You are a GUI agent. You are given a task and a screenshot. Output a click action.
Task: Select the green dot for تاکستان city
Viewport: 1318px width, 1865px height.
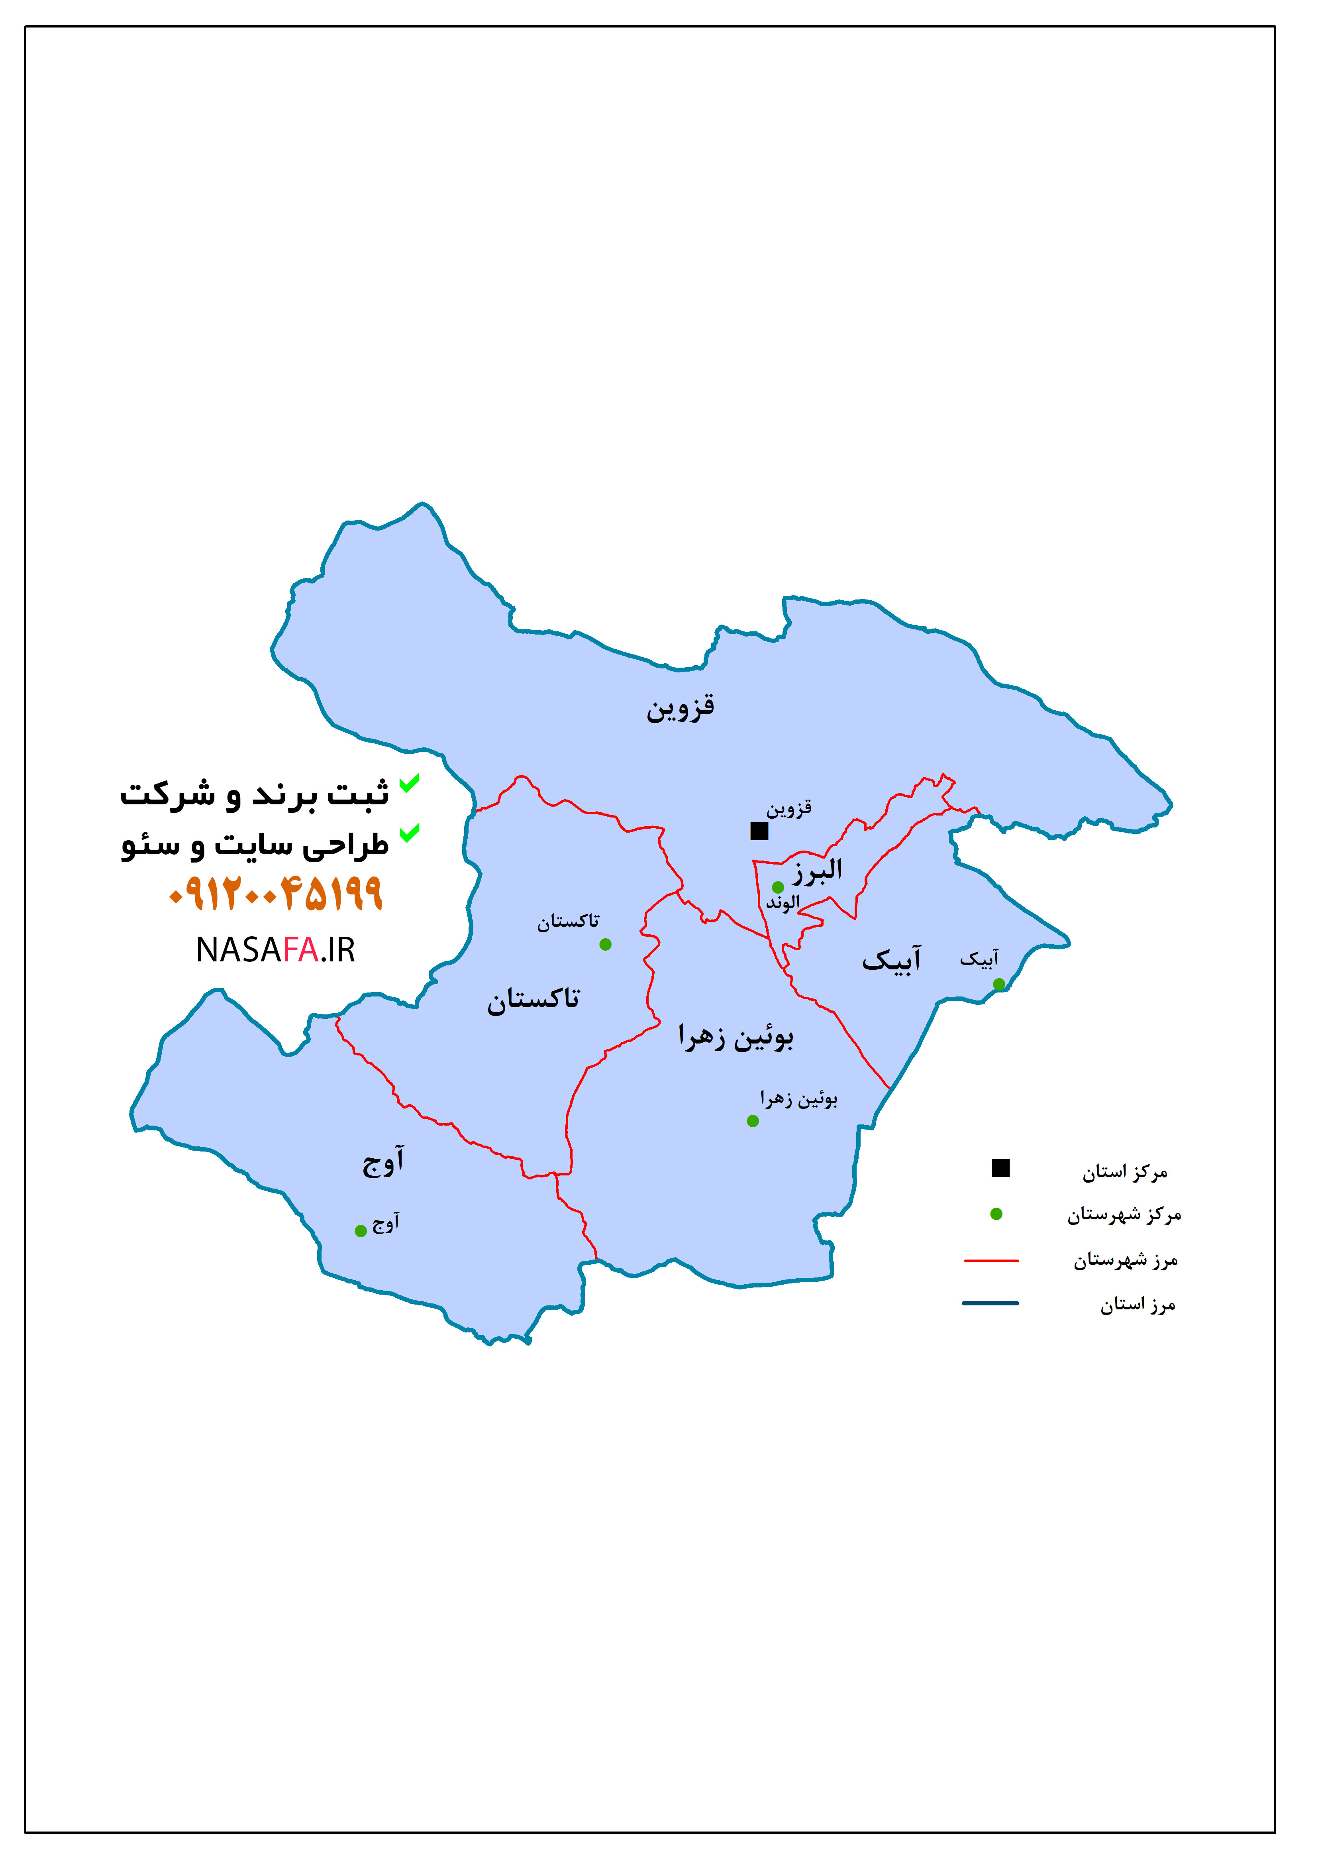point(605,944)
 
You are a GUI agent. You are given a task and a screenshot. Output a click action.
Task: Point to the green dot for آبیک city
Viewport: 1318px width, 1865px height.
point(999,984)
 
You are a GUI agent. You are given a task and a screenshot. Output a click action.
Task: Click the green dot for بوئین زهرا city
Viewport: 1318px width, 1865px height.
point(753,1121)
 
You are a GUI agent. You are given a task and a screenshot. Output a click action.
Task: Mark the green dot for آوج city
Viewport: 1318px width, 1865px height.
point(361,1230)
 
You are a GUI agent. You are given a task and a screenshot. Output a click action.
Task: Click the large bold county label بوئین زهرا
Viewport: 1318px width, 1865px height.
point(736,1037)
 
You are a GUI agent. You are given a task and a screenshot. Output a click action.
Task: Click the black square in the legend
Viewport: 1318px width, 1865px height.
point(1000,1168)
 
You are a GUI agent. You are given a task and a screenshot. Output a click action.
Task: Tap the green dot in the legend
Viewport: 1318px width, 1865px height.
point(996,1214)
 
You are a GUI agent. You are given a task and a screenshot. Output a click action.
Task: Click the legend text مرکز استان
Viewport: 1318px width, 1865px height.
point(1125,1172)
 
